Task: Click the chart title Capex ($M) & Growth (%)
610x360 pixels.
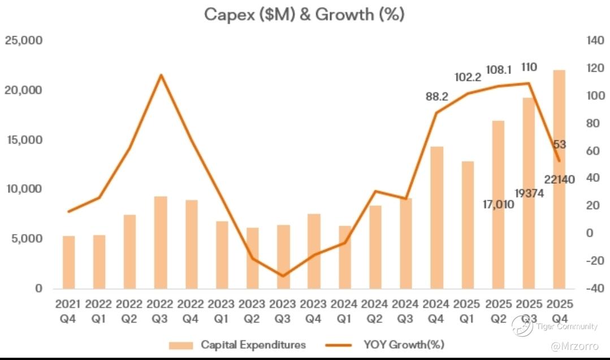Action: point(304,15)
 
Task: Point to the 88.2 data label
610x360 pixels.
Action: point(436,97)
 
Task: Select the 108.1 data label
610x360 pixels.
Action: point(499,70)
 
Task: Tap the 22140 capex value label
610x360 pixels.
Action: point(559,180)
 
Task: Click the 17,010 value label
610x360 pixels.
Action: point(498,204)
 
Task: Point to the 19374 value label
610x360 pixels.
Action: point(529,193)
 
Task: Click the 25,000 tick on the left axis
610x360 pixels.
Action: point(23,41)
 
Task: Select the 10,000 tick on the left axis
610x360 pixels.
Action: point(23,189)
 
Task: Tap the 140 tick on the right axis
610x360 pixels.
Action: point(595,41)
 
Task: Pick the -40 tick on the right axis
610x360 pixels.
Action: point(595,289)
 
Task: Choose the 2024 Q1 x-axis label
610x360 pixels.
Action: point(344,310)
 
